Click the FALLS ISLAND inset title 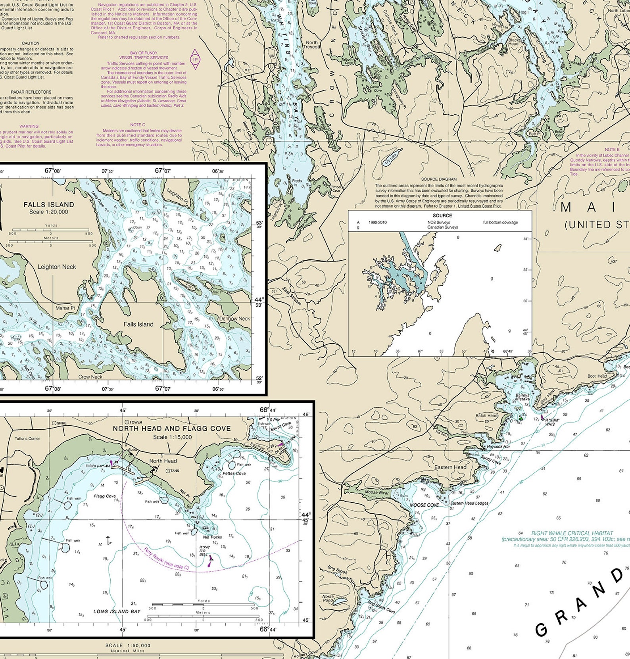tap(49, 205)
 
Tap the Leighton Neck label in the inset tap(57, 267)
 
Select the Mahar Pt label tap(65, 308)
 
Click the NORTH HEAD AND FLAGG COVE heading tap(172, 428)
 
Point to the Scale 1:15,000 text tap(172, 437)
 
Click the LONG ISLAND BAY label tap(117, 611)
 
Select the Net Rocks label tap(212, 537)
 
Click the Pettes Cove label tap(234, 473)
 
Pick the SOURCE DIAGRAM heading tap(439, 179)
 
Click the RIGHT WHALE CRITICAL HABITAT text tap(572, 533)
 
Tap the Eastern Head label tap(450, 467)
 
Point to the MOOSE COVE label tap(424, 505)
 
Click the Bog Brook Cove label tap(381, 607)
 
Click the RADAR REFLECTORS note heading tap(31, 92)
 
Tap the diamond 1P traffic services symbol tap(195, 60)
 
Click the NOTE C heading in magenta tap(138, 125)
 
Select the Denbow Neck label tap(234, 318)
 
